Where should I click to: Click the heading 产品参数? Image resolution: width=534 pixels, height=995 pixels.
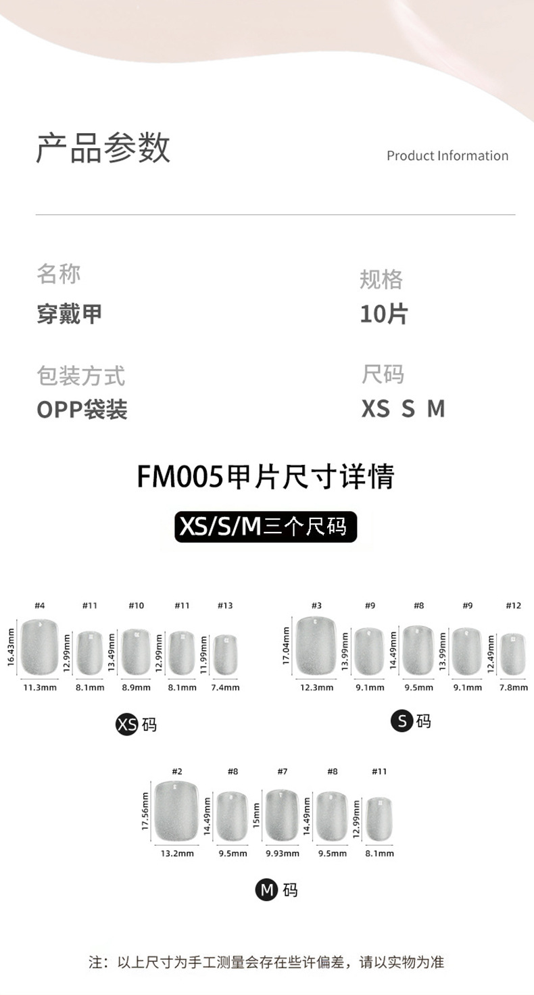click(x=103, y=147)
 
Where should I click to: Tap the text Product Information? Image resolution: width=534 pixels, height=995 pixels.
click(x=447, y=156)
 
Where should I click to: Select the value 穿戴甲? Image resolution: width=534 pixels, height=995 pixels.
click(x=70, y=314)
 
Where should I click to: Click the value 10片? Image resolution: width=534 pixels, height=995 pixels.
click(x=383, y=314)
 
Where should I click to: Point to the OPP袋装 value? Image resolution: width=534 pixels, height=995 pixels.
click(x=82, y=409)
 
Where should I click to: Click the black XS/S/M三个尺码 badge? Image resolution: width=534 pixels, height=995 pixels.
click(x=266, y=527)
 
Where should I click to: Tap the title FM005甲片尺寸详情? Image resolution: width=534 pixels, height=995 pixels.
click(x=266, y=477)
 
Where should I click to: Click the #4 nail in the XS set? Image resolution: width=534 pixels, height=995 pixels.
click(x=39, y=647)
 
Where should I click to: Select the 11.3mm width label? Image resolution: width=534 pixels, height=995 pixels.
click(x=40, y=687)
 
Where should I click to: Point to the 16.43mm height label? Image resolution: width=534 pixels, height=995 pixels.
click(x=11, y=647)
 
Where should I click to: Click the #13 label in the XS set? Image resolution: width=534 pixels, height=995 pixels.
click(x=225, y=606)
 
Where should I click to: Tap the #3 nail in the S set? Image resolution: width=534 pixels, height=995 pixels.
click(x=316, y=647)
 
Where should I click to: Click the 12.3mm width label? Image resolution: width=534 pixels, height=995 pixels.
click(x=317, y=687)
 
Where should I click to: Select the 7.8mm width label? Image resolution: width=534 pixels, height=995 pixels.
click(x=514, y=687)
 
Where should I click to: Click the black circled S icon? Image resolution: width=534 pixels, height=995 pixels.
click(x=402, y=721)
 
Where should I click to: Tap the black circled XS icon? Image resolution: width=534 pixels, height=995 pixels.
click(x=127, y=725)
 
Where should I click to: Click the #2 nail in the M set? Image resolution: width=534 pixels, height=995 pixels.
click(x=177, y=811)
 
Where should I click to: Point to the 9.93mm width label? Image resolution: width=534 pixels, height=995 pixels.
click(x=283, y=853)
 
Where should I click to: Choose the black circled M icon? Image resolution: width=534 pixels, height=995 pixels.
click(x=266, y=890)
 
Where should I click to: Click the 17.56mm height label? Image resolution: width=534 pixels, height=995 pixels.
click(x=145, y=811)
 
